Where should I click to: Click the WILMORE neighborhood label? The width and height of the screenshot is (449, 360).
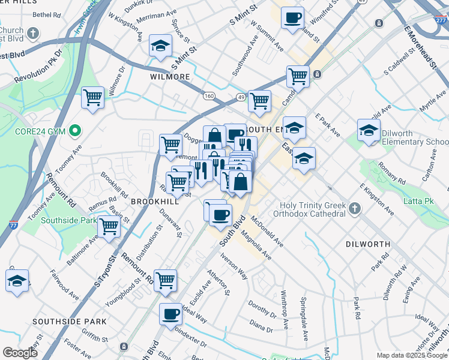pyautogui.click(x=170, y=77)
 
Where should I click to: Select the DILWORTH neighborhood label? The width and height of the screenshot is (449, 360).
pyautogui.click(x=368, y=244)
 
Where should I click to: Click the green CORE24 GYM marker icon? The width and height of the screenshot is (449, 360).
pyautogui.click(x=75, y=130)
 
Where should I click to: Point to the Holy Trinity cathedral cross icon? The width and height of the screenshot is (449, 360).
pyautogui.click(x=355, y=208)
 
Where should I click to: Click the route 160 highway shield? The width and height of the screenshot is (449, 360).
pyautogui.click(x=209, y=96)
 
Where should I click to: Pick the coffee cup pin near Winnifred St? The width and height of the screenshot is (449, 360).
pyautogui.click(x=292, y=17)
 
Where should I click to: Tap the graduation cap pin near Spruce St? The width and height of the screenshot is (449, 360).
pyautogui.click(x=160, y=46)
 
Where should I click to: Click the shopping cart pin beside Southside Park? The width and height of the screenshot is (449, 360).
pyautogui.click(x=109, y=227)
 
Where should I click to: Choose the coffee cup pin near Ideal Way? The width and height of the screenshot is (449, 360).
pyautogui.click(x=171, y=314)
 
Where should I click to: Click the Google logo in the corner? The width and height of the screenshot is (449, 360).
pyautogui.click(x=20, y=353)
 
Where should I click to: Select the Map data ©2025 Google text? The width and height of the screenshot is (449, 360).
pyautogui.click(x=411, y=355)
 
